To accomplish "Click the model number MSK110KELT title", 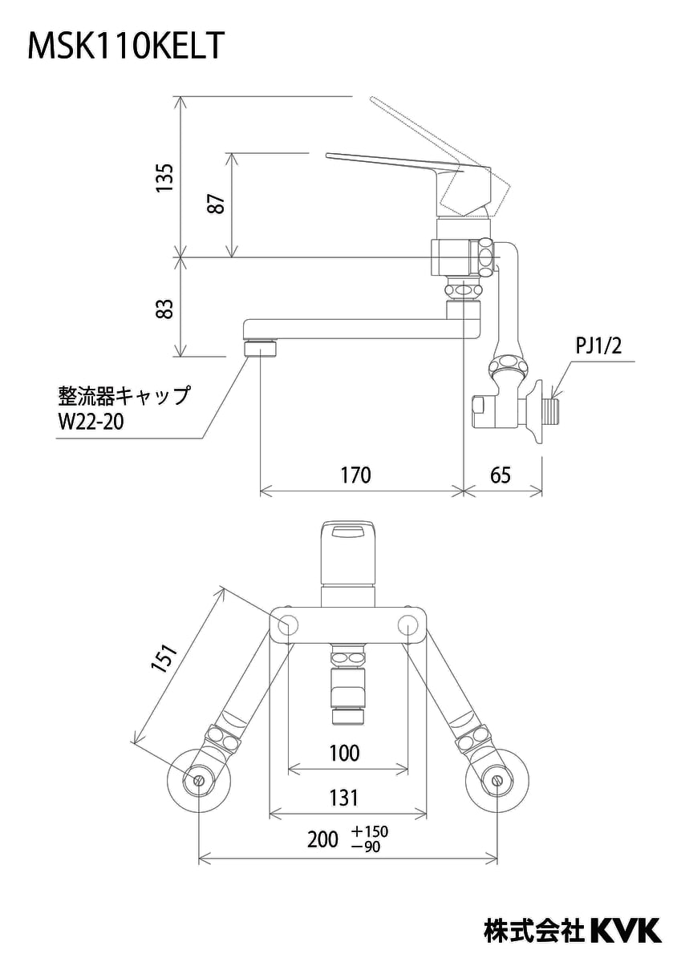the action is [x=126, y=46].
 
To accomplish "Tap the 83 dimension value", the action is [x=164, y=309].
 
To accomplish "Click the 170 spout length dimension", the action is [x=356, y=475].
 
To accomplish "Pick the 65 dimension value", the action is [x=501, y=475].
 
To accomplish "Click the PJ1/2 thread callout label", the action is [x=598, y=346].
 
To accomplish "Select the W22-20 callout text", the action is [x=91, y=422].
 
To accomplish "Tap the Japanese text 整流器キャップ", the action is [x=124, y=395].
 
